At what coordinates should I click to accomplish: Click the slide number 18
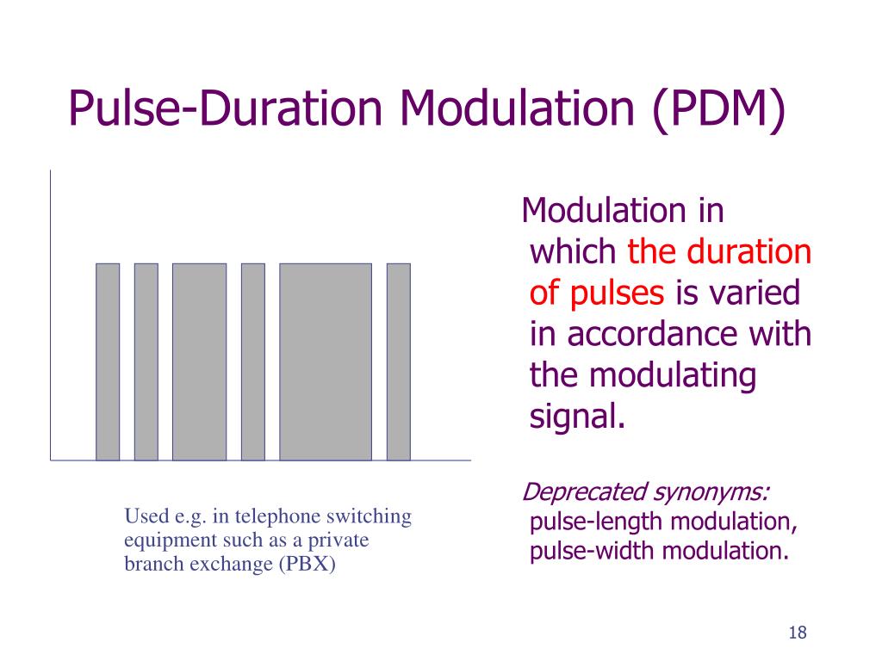tap(797, 633)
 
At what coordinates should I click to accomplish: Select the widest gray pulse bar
tap(326, 361)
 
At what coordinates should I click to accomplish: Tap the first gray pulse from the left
tap(108, 361)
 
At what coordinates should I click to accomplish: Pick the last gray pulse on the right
tap(398, 361)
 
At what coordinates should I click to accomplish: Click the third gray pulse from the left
tap(199, 361)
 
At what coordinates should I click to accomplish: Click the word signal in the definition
tap(575, 417)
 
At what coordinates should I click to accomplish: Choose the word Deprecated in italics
tap(585, 493)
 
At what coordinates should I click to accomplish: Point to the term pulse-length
tap(596, 522)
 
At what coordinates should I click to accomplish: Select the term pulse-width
tap(593, 551)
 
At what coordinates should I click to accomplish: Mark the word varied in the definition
tap(754, 293)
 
